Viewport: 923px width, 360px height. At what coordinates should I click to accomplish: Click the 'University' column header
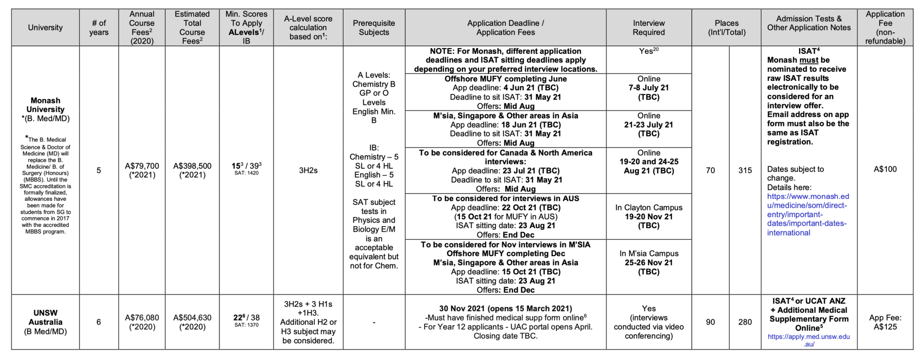point(45,27)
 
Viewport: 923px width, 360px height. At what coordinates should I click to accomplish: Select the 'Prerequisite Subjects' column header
point(374,27)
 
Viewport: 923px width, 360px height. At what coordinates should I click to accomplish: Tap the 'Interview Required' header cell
point(649,27)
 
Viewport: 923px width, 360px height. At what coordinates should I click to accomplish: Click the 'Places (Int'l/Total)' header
point(726,27)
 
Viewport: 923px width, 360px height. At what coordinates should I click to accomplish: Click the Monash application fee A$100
point(885,169)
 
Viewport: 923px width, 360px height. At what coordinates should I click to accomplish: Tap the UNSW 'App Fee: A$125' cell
point(885,322)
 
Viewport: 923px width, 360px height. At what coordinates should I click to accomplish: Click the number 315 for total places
point(745,170)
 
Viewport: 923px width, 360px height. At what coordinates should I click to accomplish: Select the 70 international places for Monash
point(710,170)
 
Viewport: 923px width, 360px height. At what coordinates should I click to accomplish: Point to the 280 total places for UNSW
point(745,322)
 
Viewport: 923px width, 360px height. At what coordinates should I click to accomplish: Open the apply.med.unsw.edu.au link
point(809,340)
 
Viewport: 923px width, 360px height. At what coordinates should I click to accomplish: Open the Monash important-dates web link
point(808,214)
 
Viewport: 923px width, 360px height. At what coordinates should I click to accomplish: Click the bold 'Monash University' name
point(45,105)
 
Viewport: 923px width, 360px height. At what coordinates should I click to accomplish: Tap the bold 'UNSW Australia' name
point(45,317)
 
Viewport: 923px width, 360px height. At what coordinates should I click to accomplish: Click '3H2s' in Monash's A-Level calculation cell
point(308,170)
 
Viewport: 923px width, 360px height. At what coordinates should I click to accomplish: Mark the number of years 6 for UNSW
point(99,322)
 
